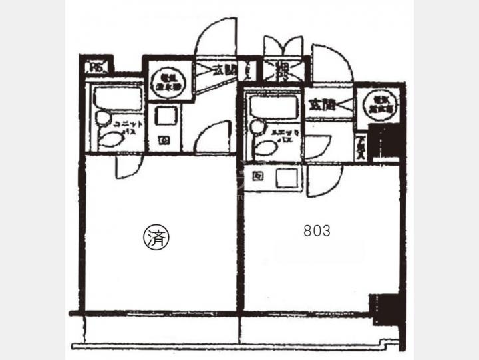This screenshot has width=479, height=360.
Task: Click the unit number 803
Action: tap(317, 231)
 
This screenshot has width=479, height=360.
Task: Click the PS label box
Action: tap(97, 67)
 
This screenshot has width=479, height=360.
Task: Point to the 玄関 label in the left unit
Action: tap(225, 69)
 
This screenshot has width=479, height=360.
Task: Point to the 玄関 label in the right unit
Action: tap(321, 104)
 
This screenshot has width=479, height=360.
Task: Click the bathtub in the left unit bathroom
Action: tap(117, 98)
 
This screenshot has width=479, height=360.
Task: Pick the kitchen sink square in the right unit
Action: tap(287, 178)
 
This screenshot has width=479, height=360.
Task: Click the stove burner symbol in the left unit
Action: tap(164, 140)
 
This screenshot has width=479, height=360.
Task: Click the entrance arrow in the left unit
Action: tap(202, 69)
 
